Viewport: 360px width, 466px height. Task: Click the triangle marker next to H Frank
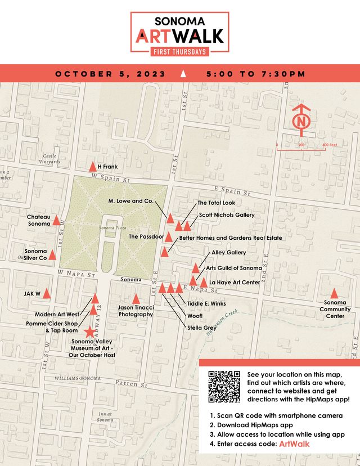click(x=93, y=167)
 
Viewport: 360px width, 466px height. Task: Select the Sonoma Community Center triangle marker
click(x=334, y=293)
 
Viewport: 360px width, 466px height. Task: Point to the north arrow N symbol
click(x=302, y=121)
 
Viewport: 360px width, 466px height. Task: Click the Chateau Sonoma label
click(x=39, y=220)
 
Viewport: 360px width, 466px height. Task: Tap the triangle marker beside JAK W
click(x=47, y=294)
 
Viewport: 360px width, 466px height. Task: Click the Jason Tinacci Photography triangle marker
click(x=136, y=298)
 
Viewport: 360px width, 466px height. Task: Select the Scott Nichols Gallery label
click(x=227, y=215)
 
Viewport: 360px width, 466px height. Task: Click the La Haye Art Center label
click(x=235, y=282)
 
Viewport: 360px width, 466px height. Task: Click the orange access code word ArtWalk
click(x=294, y=445)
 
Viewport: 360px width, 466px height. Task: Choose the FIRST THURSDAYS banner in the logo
click(x=179, y=51)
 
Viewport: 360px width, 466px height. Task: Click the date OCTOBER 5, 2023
click(x=110, y=74)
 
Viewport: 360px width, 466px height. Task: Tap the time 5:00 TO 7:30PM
click(x=255, y=74)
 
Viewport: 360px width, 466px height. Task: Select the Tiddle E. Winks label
click(x=206, y=303)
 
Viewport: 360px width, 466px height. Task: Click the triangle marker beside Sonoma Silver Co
click(x=52, y=254)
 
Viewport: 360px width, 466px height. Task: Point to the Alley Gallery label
click(x=229, y=253)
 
